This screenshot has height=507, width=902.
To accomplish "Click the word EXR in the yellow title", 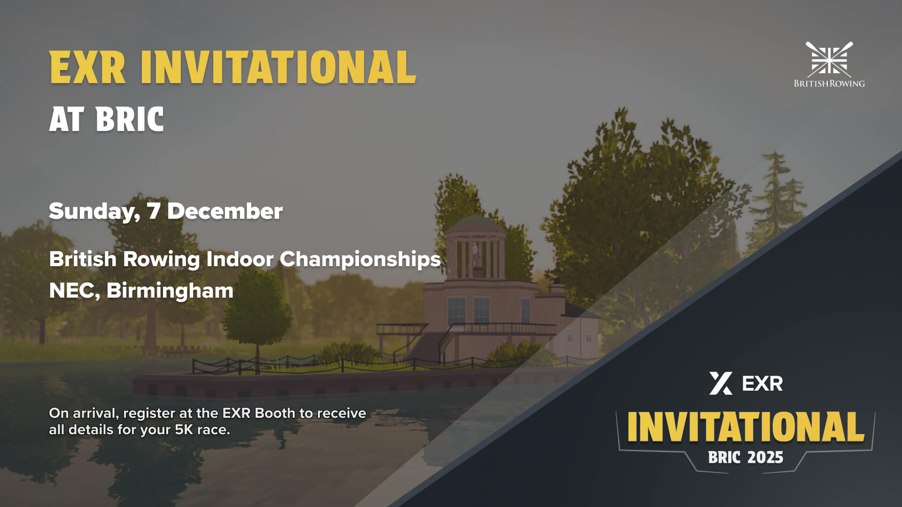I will coord(87,68).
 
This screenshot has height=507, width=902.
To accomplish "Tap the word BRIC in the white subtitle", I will coord(130,119).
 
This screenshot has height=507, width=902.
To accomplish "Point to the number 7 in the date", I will coord(153,211).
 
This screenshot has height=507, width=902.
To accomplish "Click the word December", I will coord(225,211).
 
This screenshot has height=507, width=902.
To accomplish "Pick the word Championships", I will coord(360,260).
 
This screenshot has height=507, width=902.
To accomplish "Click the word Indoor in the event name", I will coord(240,259).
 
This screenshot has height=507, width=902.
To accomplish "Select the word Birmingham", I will coord(170,291).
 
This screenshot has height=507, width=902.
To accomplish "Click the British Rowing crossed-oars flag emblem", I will coord(829,60).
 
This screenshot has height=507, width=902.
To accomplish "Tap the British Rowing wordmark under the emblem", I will coord(829,84).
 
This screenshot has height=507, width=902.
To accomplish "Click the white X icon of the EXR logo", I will coord(721,384).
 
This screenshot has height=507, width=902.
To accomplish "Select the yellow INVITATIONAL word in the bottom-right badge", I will coord(746,427).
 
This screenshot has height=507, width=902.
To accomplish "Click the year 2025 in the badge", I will coord(765,457).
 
